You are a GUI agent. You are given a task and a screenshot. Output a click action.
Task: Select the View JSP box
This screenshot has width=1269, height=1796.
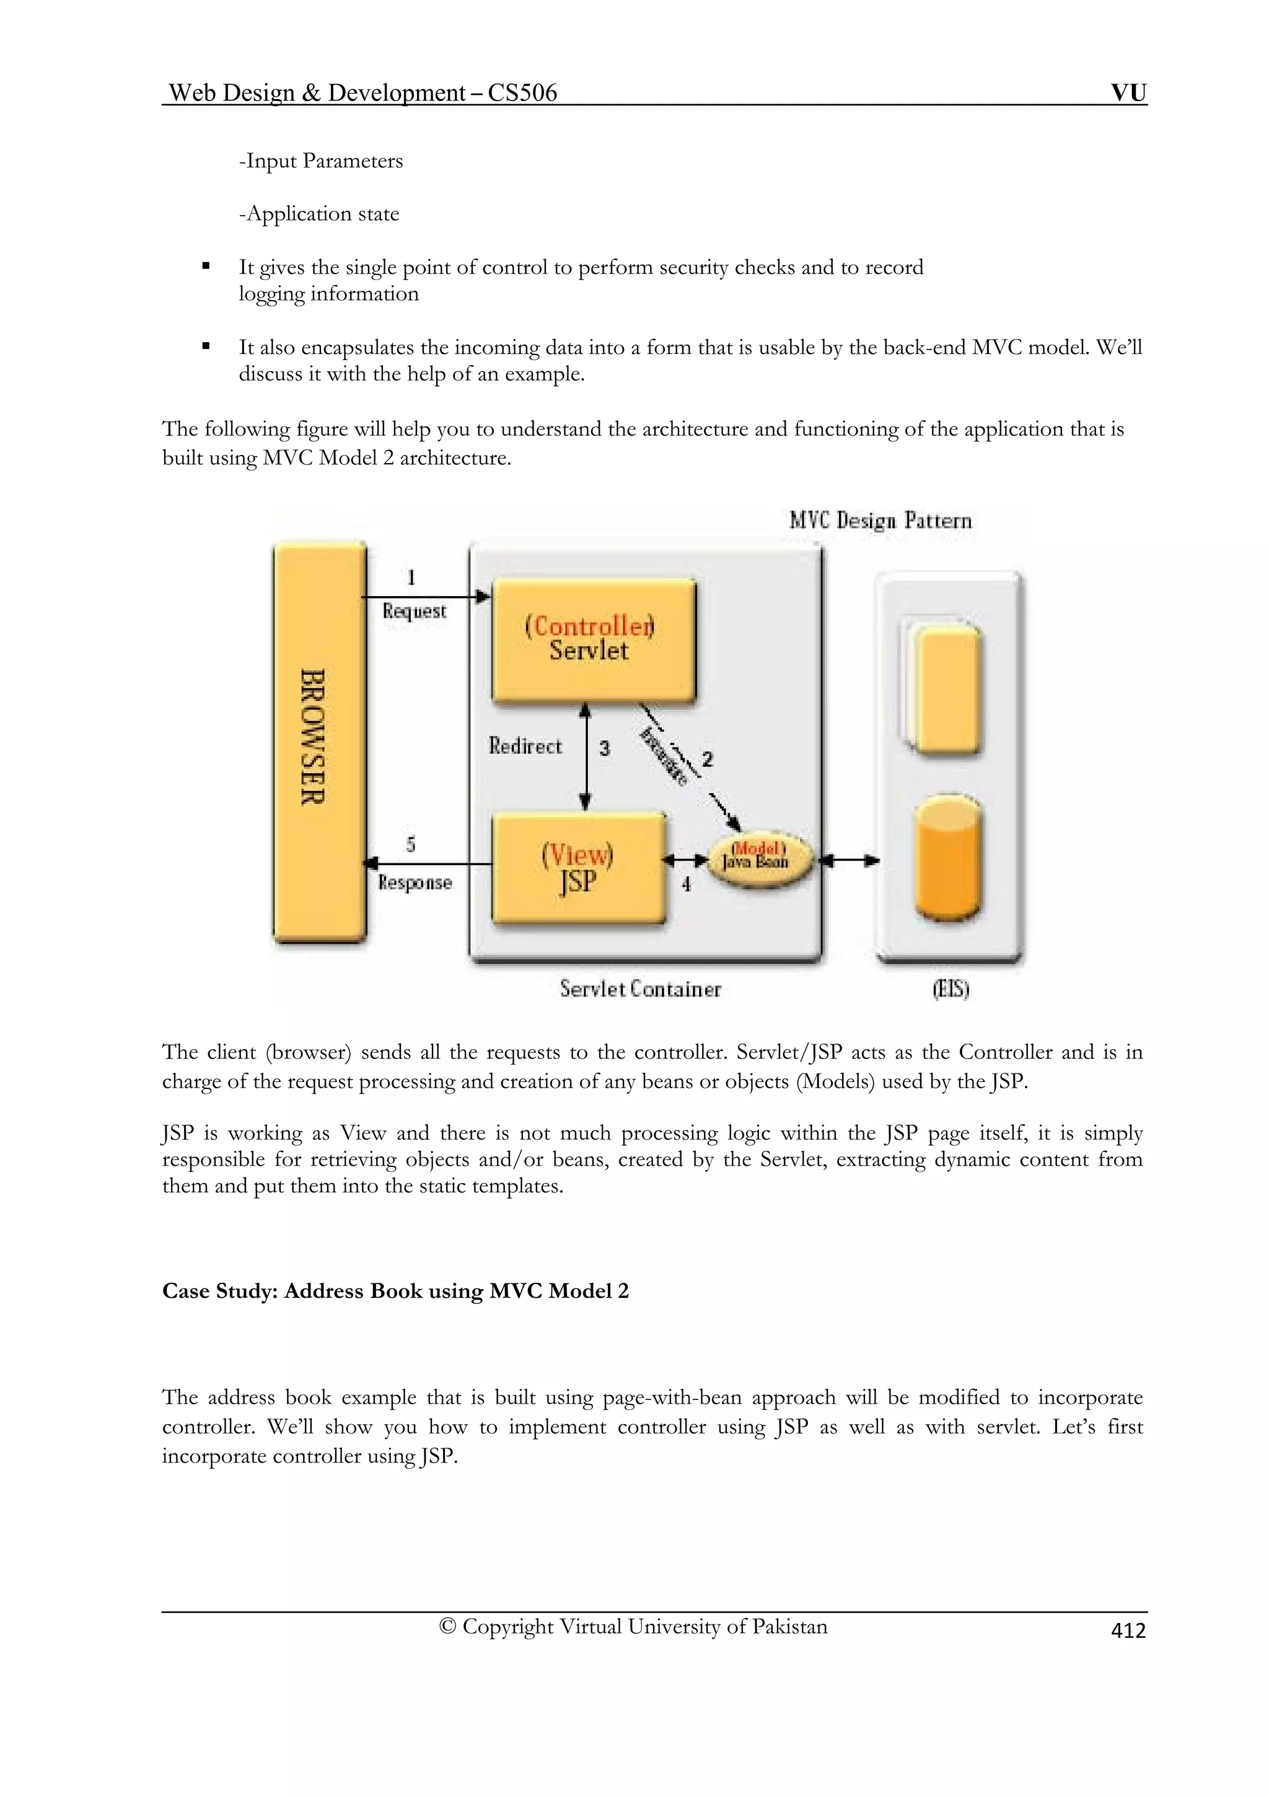578,868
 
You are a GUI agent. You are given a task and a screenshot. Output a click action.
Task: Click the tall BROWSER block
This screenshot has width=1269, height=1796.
319,742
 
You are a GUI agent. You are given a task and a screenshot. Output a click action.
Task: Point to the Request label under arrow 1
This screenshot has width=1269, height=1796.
414,611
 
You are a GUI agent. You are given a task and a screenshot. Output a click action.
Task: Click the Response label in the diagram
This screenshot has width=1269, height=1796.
415,883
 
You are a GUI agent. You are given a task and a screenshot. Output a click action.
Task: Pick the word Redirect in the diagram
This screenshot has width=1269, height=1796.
525,746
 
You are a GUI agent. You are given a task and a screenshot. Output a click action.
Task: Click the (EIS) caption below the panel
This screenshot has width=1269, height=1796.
950,990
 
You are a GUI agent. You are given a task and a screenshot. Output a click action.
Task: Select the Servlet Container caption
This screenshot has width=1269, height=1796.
639,990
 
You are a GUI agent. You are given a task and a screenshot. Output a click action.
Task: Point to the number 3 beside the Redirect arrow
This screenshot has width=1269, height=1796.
604,749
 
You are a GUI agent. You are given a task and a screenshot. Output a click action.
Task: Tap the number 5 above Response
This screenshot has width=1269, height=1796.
410,844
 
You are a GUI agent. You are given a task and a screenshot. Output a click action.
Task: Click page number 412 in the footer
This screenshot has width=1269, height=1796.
1128,1631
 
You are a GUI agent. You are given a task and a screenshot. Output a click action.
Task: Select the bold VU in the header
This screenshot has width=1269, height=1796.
1128,93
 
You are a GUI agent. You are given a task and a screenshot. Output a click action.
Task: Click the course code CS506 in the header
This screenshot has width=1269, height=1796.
522,93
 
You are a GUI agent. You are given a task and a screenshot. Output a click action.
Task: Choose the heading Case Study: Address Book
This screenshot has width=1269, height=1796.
395,1291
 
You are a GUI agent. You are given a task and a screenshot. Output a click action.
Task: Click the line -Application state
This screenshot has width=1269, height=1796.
319,214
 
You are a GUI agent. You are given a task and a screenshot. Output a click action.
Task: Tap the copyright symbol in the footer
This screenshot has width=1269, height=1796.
447,1626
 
